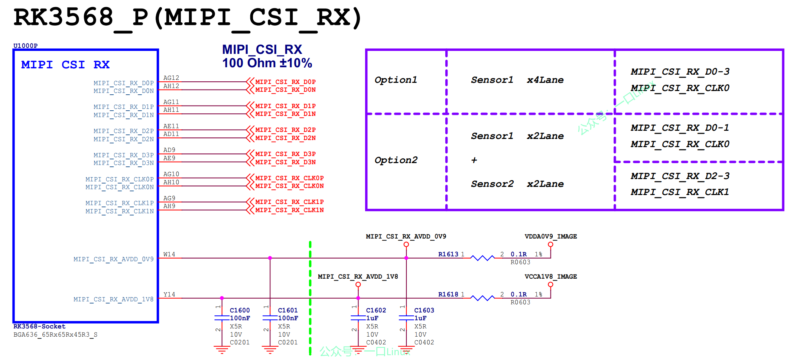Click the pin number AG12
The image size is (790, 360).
(171, 78)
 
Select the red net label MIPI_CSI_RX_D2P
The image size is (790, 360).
(285, 130)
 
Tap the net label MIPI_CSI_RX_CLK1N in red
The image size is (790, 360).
(289, 210)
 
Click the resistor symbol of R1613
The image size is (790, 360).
(482, 258)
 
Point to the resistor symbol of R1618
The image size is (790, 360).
(482, 298)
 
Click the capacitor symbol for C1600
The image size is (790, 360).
(222, 318)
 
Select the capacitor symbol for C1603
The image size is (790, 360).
(406, 318)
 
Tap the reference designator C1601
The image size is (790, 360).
(287, 310)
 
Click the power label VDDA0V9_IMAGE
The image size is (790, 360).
(550, 237)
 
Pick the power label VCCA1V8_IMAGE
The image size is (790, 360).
(550, 277)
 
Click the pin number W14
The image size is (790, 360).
(169, 254)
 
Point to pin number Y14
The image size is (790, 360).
(169, 294)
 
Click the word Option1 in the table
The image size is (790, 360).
(396, 80)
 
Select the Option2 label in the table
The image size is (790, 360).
(396, 160)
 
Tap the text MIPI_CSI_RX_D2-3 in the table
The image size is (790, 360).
(680, 176)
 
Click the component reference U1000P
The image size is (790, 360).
(25, 46)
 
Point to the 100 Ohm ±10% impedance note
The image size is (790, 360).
(267, 63)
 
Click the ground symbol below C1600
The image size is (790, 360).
(222, 350)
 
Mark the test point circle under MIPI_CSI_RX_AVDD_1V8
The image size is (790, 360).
(358, 285)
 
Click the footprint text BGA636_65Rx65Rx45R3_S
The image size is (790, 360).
(55, 335)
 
